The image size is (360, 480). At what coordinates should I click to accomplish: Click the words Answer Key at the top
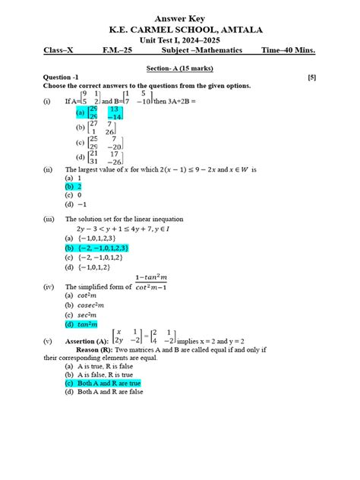coord(179,18)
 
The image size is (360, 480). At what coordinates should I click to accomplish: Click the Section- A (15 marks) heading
coord(179,68)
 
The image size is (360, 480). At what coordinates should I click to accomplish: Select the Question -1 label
coord(61,77)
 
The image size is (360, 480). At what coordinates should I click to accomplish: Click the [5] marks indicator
coord(312,77)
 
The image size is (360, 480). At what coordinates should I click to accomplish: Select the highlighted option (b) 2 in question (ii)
coord(74,186)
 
